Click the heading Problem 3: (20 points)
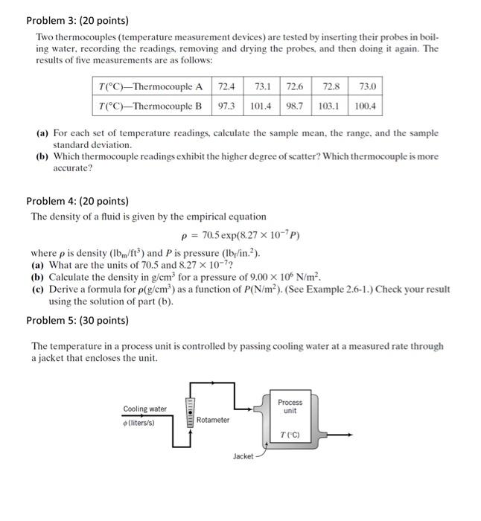(x=77, y=20)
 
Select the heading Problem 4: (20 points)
(x=77, y=201)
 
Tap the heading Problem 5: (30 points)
(x=77, y=320)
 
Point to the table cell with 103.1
(x=328, y=106)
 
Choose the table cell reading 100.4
(x=365, y=106)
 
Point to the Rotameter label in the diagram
(x=213, y=420)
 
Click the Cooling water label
(x=144, y=409)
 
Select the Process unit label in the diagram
(x=290, y=406)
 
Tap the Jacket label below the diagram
(x=243, y=456)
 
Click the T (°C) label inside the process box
(x=290, y=435)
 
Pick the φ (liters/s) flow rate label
(x=139, y=422)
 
